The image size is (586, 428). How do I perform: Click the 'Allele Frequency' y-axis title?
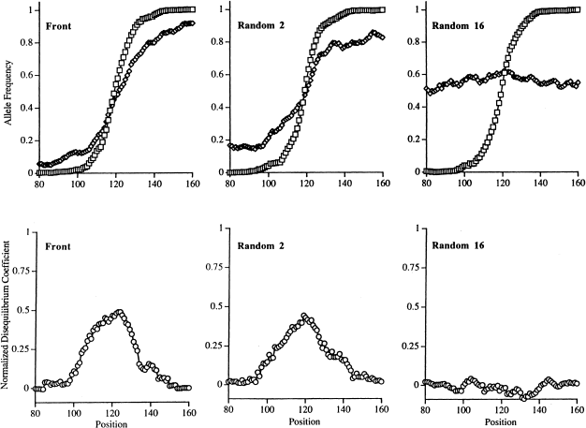pos(7,93)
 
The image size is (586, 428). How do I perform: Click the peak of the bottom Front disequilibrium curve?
pos(118,312)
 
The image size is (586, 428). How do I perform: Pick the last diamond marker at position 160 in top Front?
pos(191,23)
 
